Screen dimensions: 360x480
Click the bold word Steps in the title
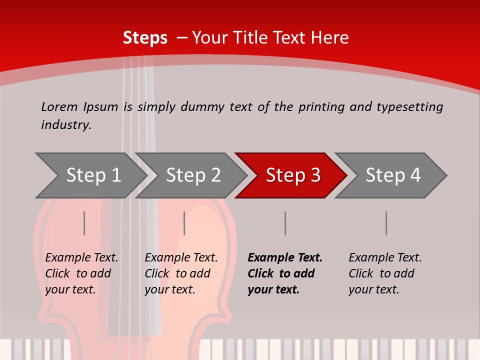pos(145,38)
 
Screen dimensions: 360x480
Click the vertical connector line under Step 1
pos(84,223)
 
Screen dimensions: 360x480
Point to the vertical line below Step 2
pos(184,223)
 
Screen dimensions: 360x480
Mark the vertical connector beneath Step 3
pos(285,223)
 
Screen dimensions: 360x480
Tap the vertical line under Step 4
pos(386,223)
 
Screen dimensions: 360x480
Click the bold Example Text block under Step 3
pos(285,273)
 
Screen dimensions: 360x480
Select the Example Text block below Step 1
pos(81,273)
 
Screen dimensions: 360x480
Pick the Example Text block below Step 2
pos(181,273)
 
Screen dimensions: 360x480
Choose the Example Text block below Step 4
pos(385,273)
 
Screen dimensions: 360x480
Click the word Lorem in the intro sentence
pos(59,107)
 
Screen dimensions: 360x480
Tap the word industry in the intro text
pos(66,125)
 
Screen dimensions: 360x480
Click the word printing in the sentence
pos(321,107)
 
